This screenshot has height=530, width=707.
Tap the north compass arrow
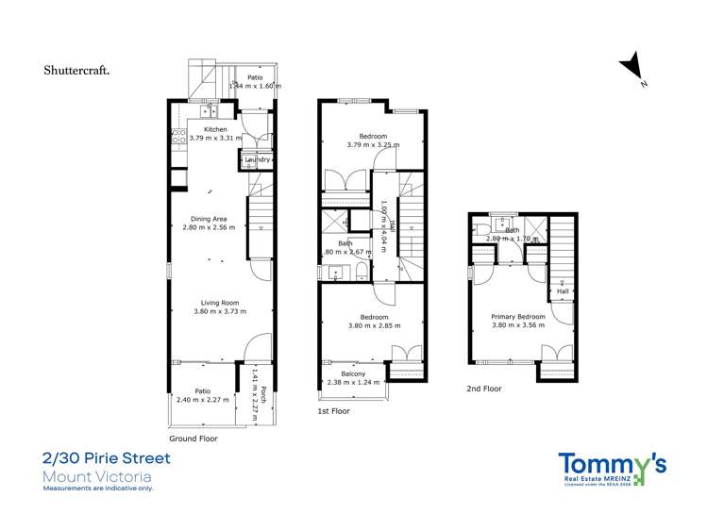click(631, 69)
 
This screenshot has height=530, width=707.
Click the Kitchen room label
click(215, 128)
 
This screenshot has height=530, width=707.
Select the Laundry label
click(258, 160)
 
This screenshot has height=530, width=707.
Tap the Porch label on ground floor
click(264, 398)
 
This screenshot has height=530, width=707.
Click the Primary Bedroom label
click(518, 317)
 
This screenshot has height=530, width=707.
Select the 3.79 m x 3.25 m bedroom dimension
click(372, 145)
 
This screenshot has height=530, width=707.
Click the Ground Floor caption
click(194, 439)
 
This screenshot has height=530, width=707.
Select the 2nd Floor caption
click(484, 389)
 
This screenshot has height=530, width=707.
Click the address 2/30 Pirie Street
click(107, 459)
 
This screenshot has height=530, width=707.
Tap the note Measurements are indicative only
click(97, 489)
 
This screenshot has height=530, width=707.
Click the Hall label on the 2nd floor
click(563, 291)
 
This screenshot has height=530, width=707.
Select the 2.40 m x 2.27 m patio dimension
click(202, 399)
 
